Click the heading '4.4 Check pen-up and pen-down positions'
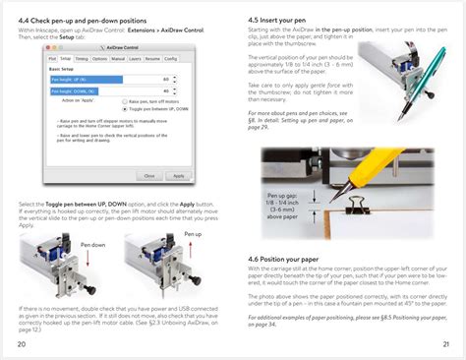pyautogui.click(x=81, y=20)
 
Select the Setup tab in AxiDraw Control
pyautogui.click(x=65, y=59)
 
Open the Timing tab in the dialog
pyautogui.click(x=81, y=59)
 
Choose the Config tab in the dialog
pyautogui.click(x=170, y=59)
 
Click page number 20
pyautogui.click(x=22, y=344)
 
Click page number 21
pyautogui.click(x=445, y=344)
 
